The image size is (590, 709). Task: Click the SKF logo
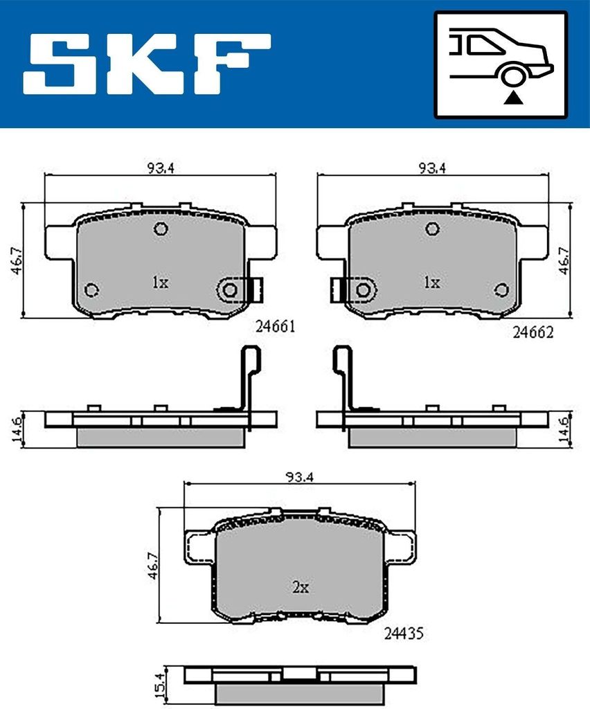click(x=147, y=63)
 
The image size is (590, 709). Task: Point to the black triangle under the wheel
click(x=512, y=98)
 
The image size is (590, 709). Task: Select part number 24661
click(x=276, y=326)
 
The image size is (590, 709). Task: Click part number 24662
click(x=533, y=332)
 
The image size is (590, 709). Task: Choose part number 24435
click(x=404, y=634)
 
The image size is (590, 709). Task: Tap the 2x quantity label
click(x=301, y=587)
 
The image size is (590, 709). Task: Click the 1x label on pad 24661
click(x=160, y=282)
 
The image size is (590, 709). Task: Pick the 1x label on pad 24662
click(x=431, y=282)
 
